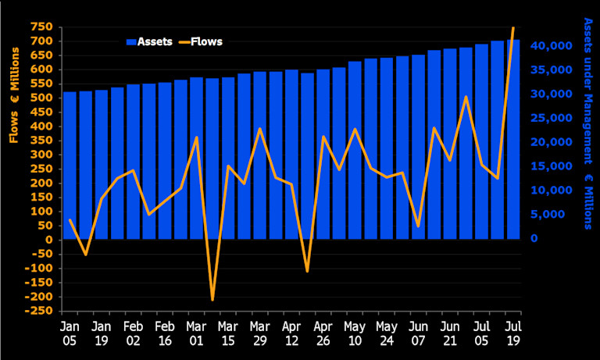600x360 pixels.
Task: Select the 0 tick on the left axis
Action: click(x=48, y=240)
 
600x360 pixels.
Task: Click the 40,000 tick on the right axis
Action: click(x=553, y=46)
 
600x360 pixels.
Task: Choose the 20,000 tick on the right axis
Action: click(x=553, y=142)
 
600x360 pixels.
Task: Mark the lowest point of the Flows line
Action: click(x=212, y=300)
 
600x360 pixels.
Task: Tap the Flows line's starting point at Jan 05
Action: click(x=70, y=220)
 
